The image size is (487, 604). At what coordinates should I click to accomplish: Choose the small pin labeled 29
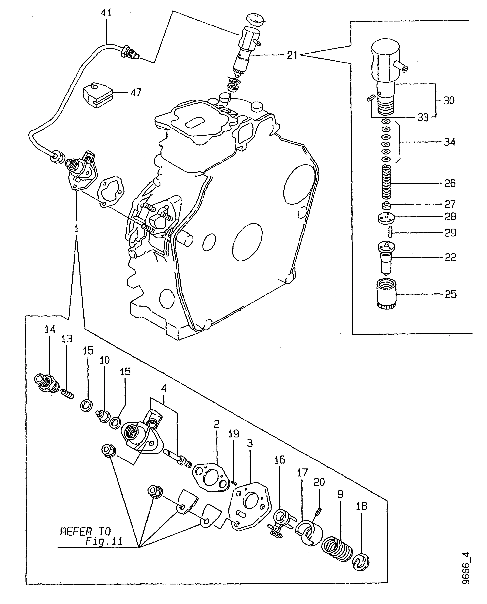click(390, 232)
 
